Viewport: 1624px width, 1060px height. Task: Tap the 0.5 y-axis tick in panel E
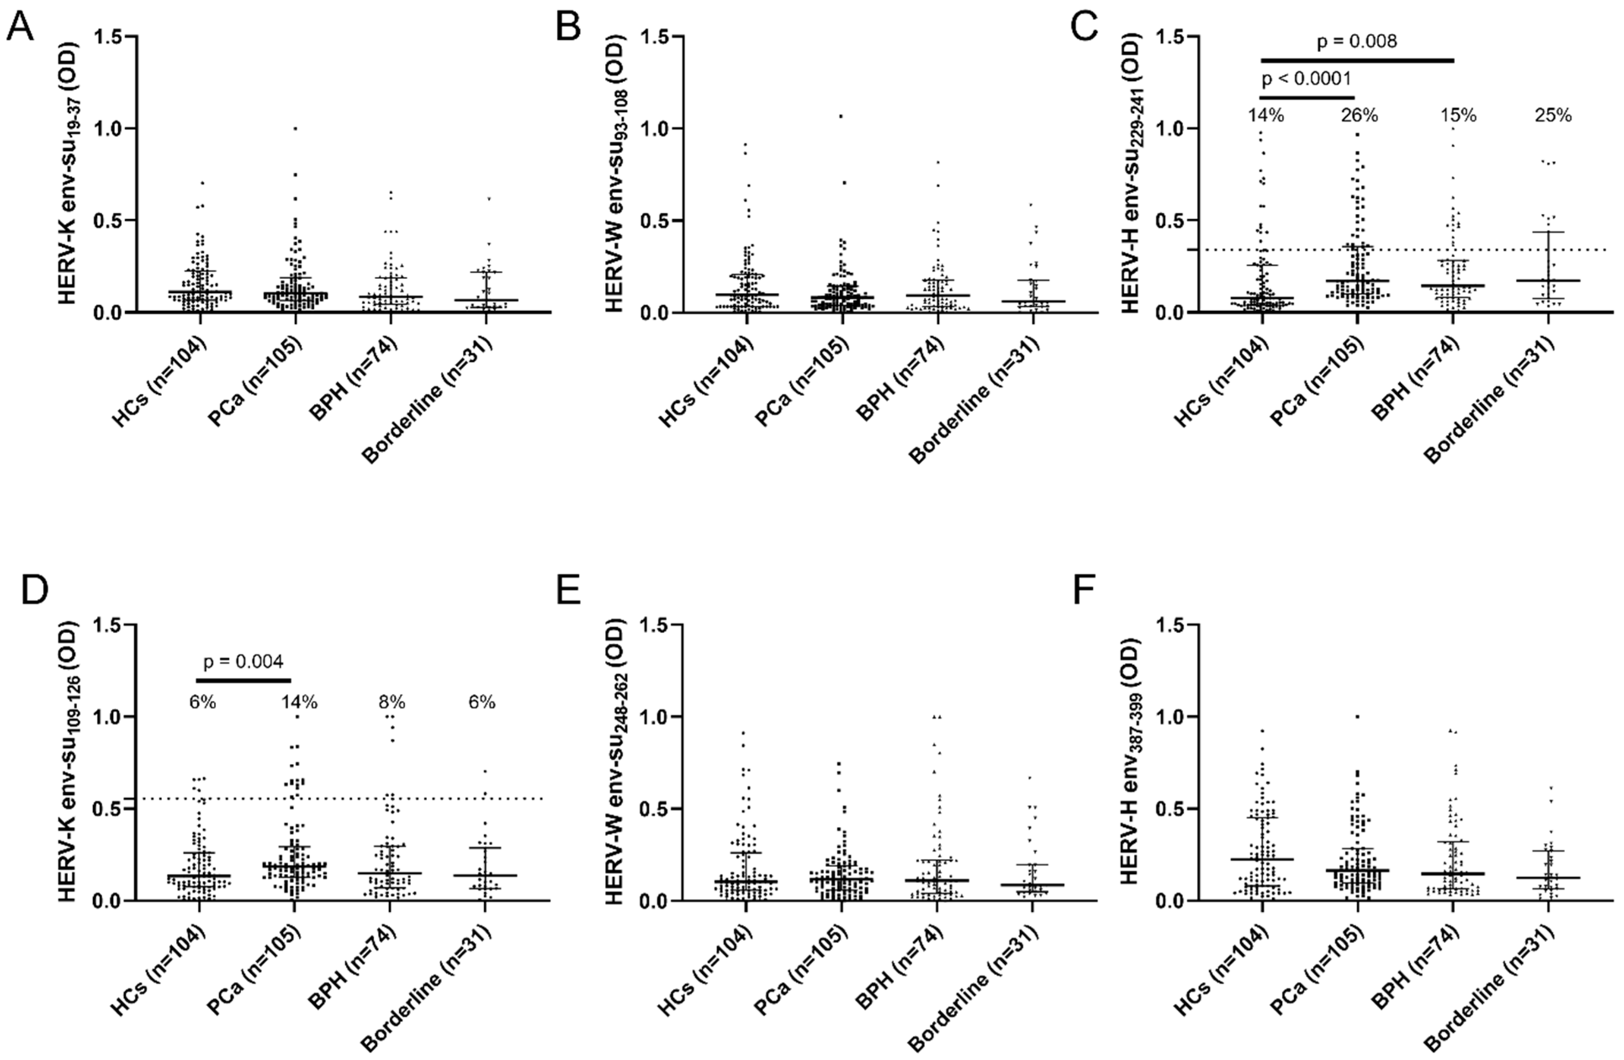tap(654, 809)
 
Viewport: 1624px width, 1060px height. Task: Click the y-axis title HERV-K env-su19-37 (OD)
tap(68, 174)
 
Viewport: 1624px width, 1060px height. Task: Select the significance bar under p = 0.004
tap(243, 680)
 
